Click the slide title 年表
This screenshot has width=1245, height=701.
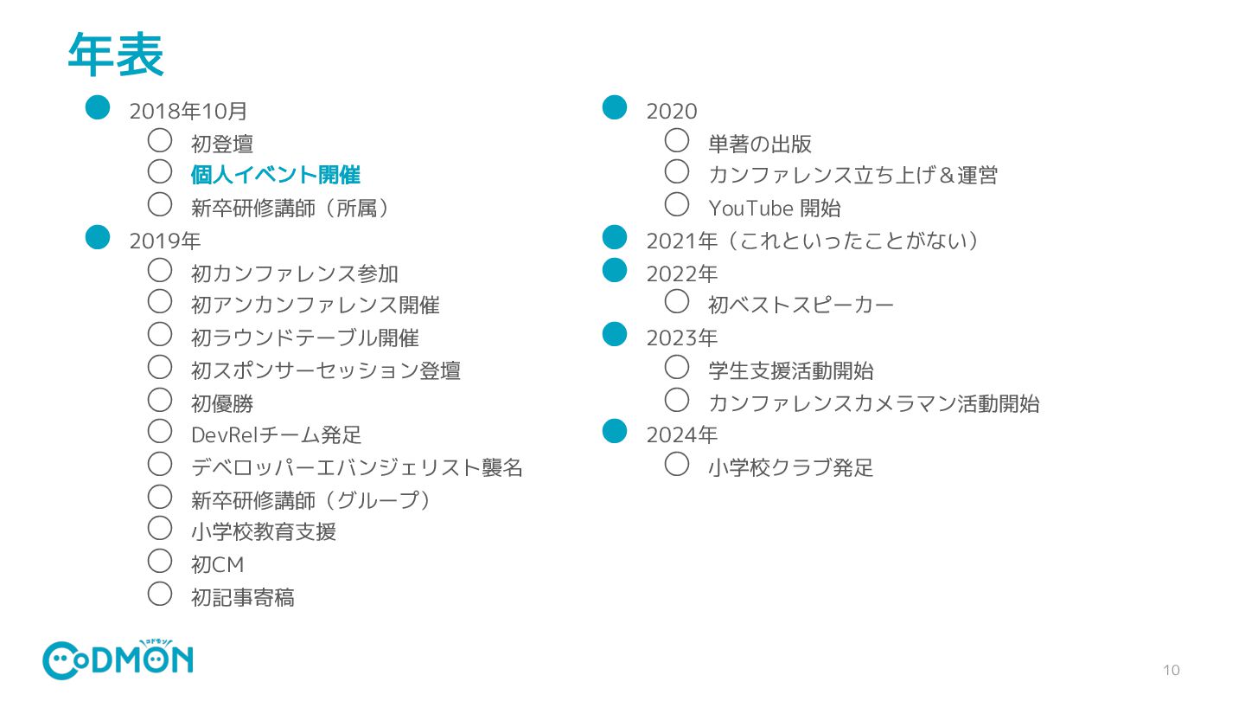[116, 56]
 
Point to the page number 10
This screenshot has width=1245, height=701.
[1172, 670]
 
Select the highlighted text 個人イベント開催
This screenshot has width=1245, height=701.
[275, 175]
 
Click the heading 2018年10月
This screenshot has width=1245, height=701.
[188, 111]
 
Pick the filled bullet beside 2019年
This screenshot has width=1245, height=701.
[98, 236]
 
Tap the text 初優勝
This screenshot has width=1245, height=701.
[222, 403]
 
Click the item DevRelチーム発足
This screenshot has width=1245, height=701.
[276, 434]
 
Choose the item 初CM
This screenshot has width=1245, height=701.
[217, 565]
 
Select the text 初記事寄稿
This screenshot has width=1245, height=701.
[242, 597]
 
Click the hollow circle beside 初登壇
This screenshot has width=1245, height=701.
[160, 140]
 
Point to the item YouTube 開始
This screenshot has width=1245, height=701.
[774, 209]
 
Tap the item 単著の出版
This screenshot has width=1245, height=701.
[759, 144]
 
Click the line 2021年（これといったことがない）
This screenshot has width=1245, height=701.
[812, 241]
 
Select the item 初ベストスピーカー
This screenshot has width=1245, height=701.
[801, 305]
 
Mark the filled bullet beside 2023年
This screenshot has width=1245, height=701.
[614, 334]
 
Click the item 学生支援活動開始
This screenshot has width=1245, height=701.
[790, 370]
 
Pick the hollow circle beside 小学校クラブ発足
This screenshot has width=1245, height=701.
[677, 465]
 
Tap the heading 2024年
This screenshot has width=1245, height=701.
[681, 434]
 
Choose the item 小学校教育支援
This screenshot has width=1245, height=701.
[263, 531]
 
